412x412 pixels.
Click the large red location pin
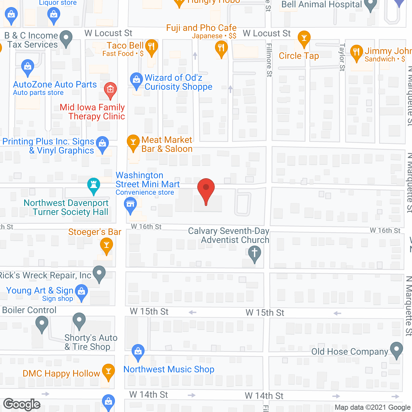click(x=206, y=190)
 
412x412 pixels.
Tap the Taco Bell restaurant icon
click(x=151, y=47)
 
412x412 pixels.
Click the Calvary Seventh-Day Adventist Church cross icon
click(x=254, y=253)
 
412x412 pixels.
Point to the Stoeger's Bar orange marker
click(x=107, y=246)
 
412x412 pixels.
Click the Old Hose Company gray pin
click(x=396, y=350)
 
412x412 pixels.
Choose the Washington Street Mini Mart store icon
click(x=130, y=205)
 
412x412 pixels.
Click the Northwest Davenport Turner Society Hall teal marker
click(x=94, y=185)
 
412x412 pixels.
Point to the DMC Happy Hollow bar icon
click(x=108, y=371)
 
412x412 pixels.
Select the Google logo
click(x=22, y=404)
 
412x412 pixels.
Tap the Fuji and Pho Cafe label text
click(x=201, y=28)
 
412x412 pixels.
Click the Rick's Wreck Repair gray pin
click(x=99, y=273)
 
